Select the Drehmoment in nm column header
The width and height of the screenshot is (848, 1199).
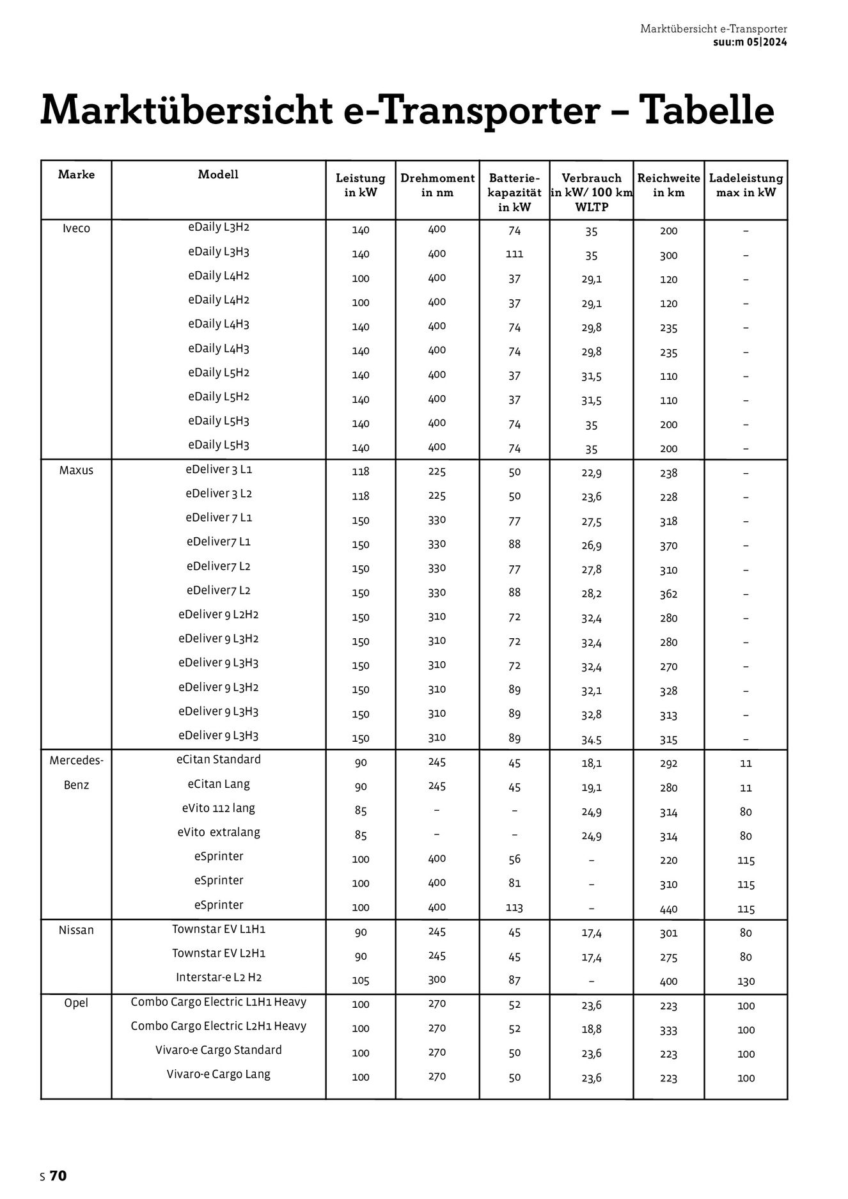click(437, 185)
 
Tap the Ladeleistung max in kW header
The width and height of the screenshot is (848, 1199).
click(746, 185)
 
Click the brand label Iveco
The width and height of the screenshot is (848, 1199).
click(76, 229)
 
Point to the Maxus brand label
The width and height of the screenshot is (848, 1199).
click(76, 471)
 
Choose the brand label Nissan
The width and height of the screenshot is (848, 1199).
click(76, 930)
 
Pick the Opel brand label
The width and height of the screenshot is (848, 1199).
click(76, 1003)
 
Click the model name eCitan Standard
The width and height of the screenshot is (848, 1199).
click(219, 760)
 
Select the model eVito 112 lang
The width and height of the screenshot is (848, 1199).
click(219, 808)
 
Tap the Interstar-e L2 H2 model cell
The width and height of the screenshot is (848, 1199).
click(219, 978)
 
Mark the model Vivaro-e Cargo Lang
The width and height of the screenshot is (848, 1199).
click(219, 1074)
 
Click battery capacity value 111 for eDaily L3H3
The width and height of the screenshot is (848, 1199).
click(514, 254)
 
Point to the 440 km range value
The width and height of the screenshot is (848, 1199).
click(668, 909)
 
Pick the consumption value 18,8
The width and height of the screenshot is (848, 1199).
click(591, 1030)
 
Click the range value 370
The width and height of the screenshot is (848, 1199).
click(668, 545)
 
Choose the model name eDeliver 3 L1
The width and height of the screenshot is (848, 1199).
click(219, 469)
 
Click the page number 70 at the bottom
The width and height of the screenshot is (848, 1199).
click(58, 1176)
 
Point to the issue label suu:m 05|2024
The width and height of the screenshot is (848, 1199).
click(750, 42)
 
